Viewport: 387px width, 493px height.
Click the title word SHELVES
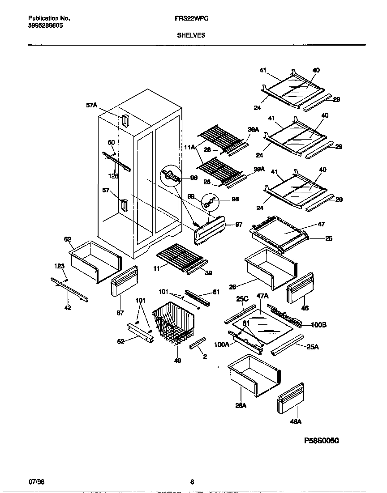click(x=191, y=35)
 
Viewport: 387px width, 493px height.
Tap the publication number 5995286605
click(x=45, y=26)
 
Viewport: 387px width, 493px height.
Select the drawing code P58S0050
click(x=321, y=441)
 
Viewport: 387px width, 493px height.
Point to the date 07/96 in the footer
click(x=36, y=482)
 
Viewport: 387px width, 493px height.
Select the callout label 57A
click(x=91, y=105)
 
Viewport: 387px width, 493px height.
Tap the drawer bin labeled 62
click(x=95, y=261)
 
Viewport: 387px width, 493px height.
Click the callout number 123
click(x=60, y=266)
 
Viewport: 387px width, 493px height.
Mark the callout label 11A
click(x=189, y=146)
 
